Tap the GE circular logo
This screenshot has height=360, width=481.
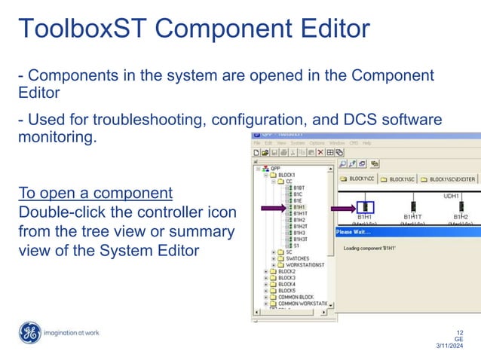(29, 332)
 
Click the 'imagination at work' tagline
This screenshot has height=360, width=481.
(72, 333)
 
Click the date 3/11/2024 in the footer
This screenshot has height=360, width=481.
(452, 346)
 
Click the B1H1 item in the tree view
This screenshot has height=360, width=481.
(299, 206)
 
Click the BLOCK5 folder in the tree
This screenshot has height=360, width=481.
(287, 290)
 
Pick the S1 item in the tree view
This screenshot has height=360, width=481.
(296, 246)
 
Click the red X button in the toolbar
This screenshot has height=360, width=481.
(320, 152)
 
